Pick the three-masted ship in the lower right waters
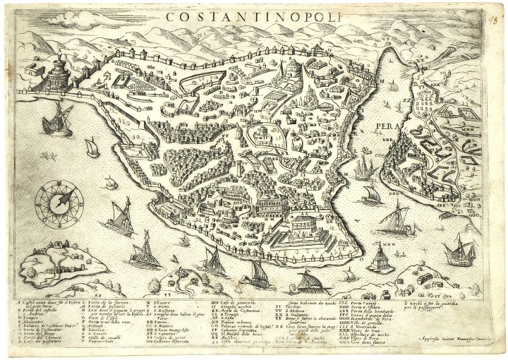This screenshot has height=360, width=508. click(x=459, y=251)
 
